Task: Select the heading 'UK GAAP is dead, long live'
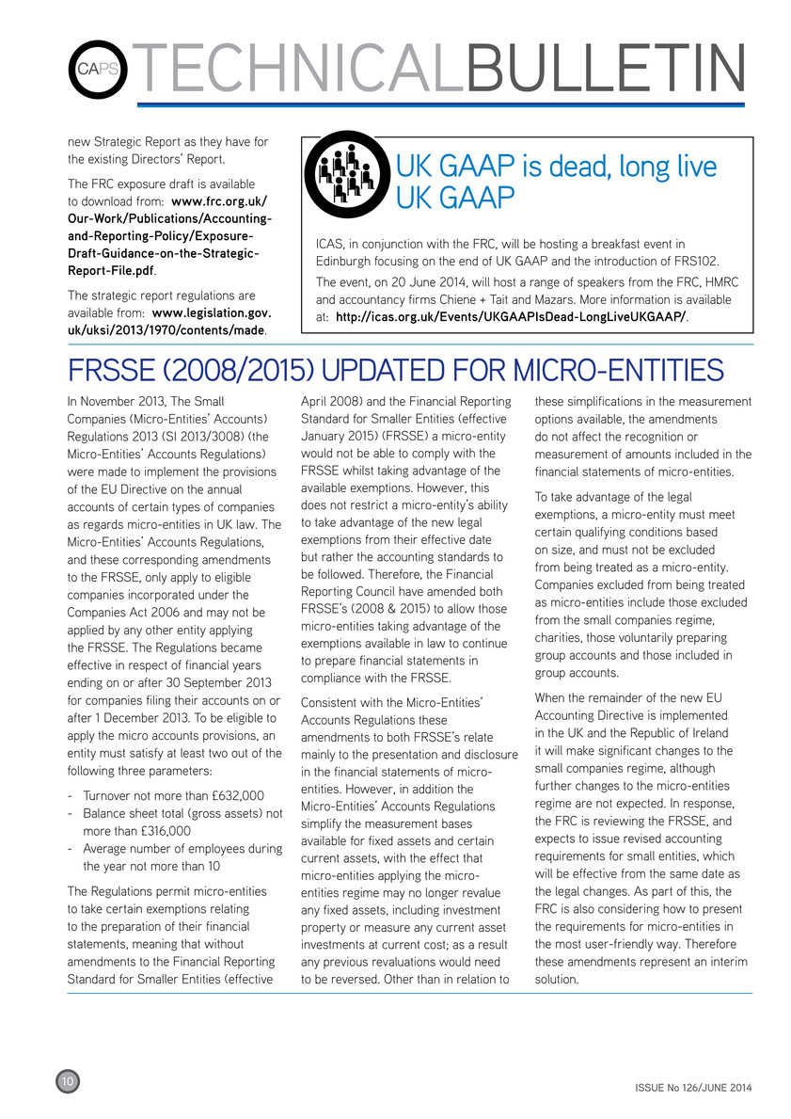556,168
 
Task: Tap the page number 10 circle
69,1082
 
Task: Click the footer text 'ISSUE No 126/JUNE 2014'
687,1088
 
